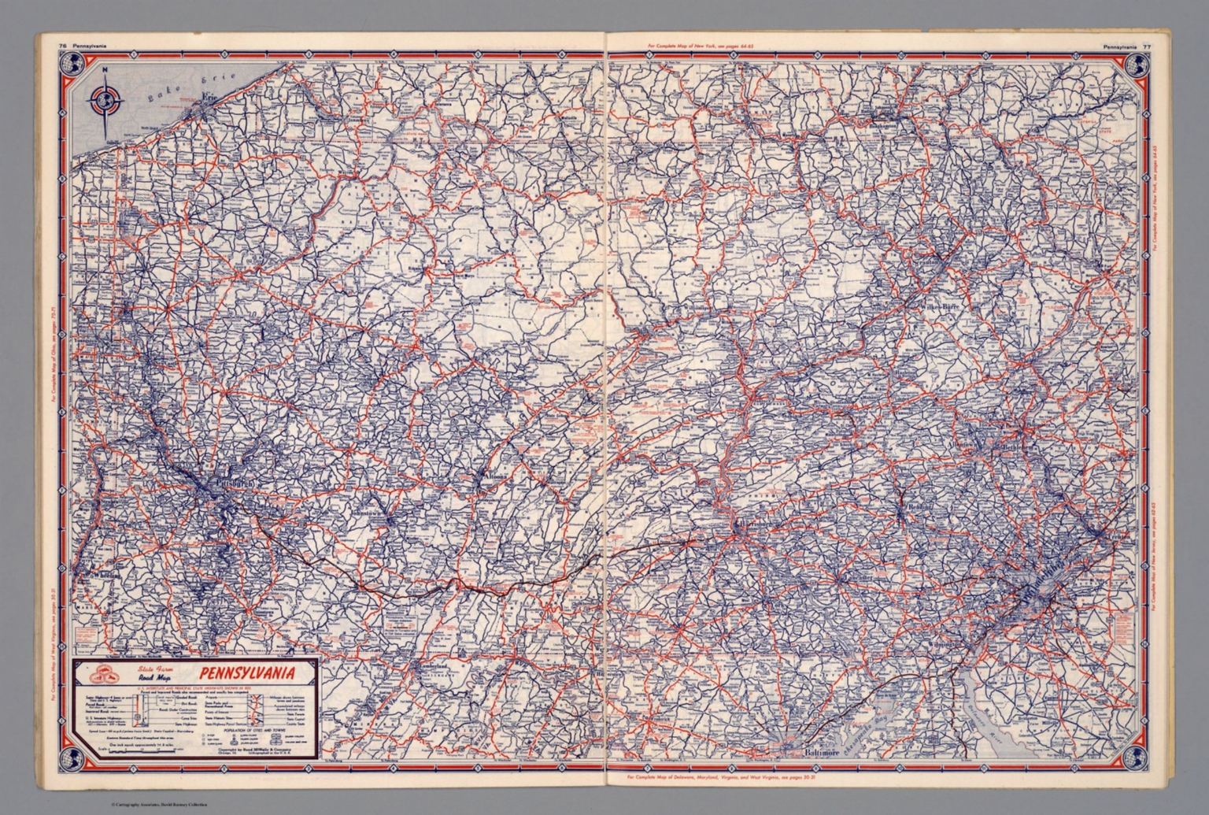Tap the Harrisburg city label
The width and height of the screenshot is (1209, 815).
click(756, 522)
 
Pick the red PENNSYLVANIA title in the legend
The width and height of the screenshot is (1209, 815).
click(246, 673)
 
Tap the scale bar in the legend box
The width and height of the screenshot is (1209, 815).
click(142, 750)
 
